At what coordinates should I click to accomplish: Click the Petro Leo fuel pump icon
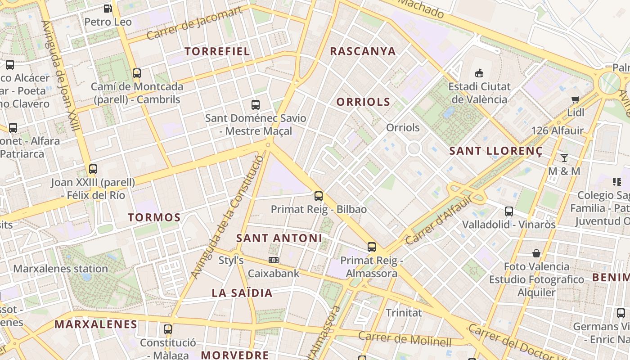108,8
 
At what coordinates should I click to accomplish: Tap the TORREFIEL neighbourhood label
217,51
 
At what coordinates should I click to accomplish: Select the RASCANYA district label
363,51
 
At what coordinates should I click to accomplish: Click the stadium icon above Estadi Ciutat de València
479,73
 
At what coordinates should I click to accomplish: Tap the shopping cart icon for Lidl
575,99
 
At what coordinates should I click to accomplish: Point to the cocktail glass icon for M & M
564,157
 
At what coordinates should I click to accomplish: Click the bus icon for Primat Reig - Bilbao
319,196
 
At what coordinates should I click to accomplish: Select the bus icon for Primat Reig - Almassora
371,247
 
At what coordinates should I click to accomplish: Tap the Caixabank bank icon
273,260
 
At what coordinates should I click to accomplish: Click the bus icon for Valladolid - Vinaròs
509,211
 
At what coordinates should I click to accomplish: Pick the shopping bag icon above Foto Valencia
536,253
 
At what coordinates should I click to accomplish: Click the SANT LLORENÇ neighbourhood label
495,151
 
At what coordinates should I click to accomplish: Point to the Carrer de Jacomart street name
194,23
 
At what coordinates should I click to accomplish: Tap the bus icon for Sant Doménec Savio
256,105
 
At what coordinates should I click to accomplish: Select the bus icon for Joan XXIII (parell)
93,169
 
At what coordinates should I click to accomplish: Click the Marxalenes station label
60,269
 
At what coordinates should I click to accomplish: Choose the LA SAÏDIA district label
242,293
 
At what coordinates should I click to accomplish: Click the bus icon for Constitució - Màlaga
168,329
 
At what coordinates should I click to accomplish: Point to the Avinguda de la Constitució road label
227,217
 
